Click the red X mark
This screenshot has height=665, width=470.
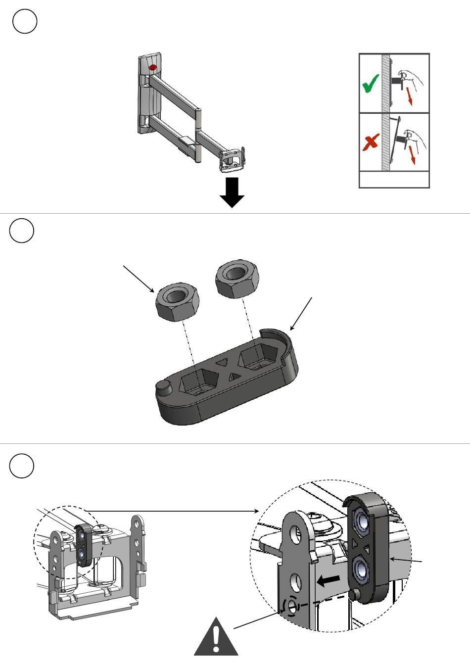[371, 143]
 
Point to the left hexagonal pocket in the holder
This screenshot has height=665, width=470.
[199, 382]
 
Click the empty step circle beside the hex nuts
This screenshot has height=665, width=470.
[22, 231]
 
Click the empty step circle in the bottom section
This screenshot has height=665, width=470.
[22, 466]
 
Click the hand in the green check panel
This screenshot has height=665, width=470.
[412, 79]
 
